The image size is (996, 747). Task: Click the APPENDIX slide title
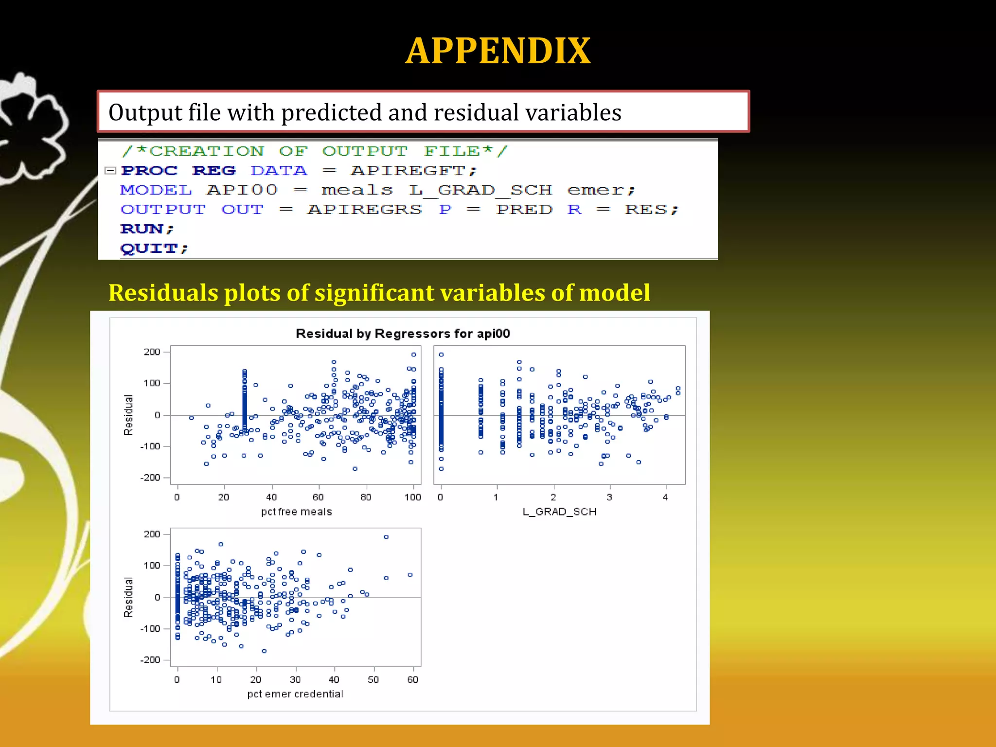tap(498, 51)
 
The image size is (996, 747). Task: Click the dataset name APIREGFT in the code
tap(408, 171)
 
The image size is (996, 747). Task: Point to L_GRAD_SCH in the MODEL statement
tap(480, 190)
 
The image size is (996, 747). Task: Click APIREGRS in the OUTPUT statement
tap(364, 210)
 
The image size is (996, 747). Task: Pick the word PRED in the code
tap(524, 210)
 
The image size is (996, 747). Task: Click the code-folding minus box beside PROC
tap(110, 171)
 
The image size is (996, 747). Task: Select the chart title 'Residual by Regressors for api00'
tap(403, 334)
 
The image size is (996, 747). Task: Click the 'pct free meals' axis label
tap(296, 512)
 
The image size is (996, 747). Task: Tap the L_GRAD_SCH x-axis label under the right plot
tap(559, 512)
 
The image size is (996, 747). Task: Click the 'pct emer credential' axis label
tap(295, 694)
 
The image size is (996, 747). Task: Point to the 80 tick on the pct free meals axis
tap(366, 497)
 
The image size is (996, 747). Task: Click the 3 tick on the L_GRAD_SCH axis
tap(609, 497)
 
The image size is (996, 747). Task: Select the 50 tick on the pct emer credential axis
tap(373, 679)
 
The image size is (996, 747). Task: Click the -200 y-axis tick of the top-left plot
tap(150, 478)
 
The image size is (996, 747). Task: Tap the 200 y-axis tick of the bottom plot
tap(152, 534)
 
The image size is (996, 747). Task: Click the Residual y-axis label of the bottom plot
tap(128, 597)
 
